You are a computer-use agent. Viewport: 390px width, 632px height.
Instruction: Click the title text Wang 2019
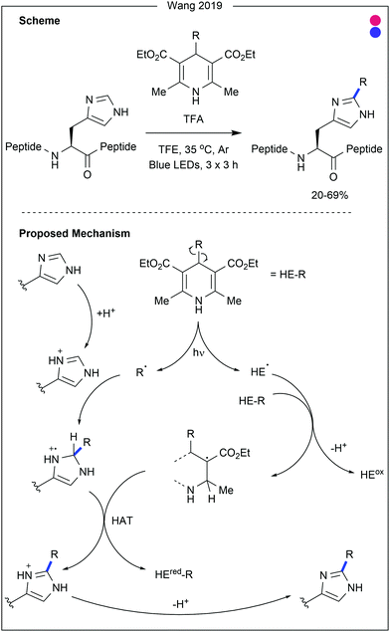tap(194, 8)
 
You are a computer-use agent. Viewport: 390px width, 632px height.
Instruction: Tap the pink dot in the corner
tap(372, 23)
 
